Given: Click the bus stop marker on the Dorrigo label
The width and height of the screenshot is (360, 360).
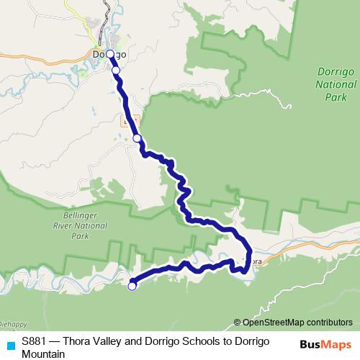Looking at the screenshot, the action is coord(109,54).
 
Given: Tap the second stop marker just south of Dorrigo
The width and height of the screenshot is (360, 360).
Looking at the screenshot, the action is coord(115,70).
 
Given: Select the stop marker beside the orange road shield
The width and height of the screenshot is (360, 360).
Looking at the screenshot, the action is coord(137,138).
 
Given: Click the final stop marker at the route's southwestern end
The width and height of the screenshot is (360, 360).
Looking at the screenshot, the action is coord(132,287).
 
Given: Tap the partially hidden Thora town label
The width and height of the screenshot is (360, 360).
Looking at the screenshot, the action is coord(255,253).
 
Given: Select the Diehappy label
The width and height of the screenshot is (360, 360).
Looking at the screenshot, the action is coord(13,324).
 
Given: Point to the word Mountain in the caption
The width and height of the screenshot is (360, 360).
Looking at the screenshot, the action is coord(43,354).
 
